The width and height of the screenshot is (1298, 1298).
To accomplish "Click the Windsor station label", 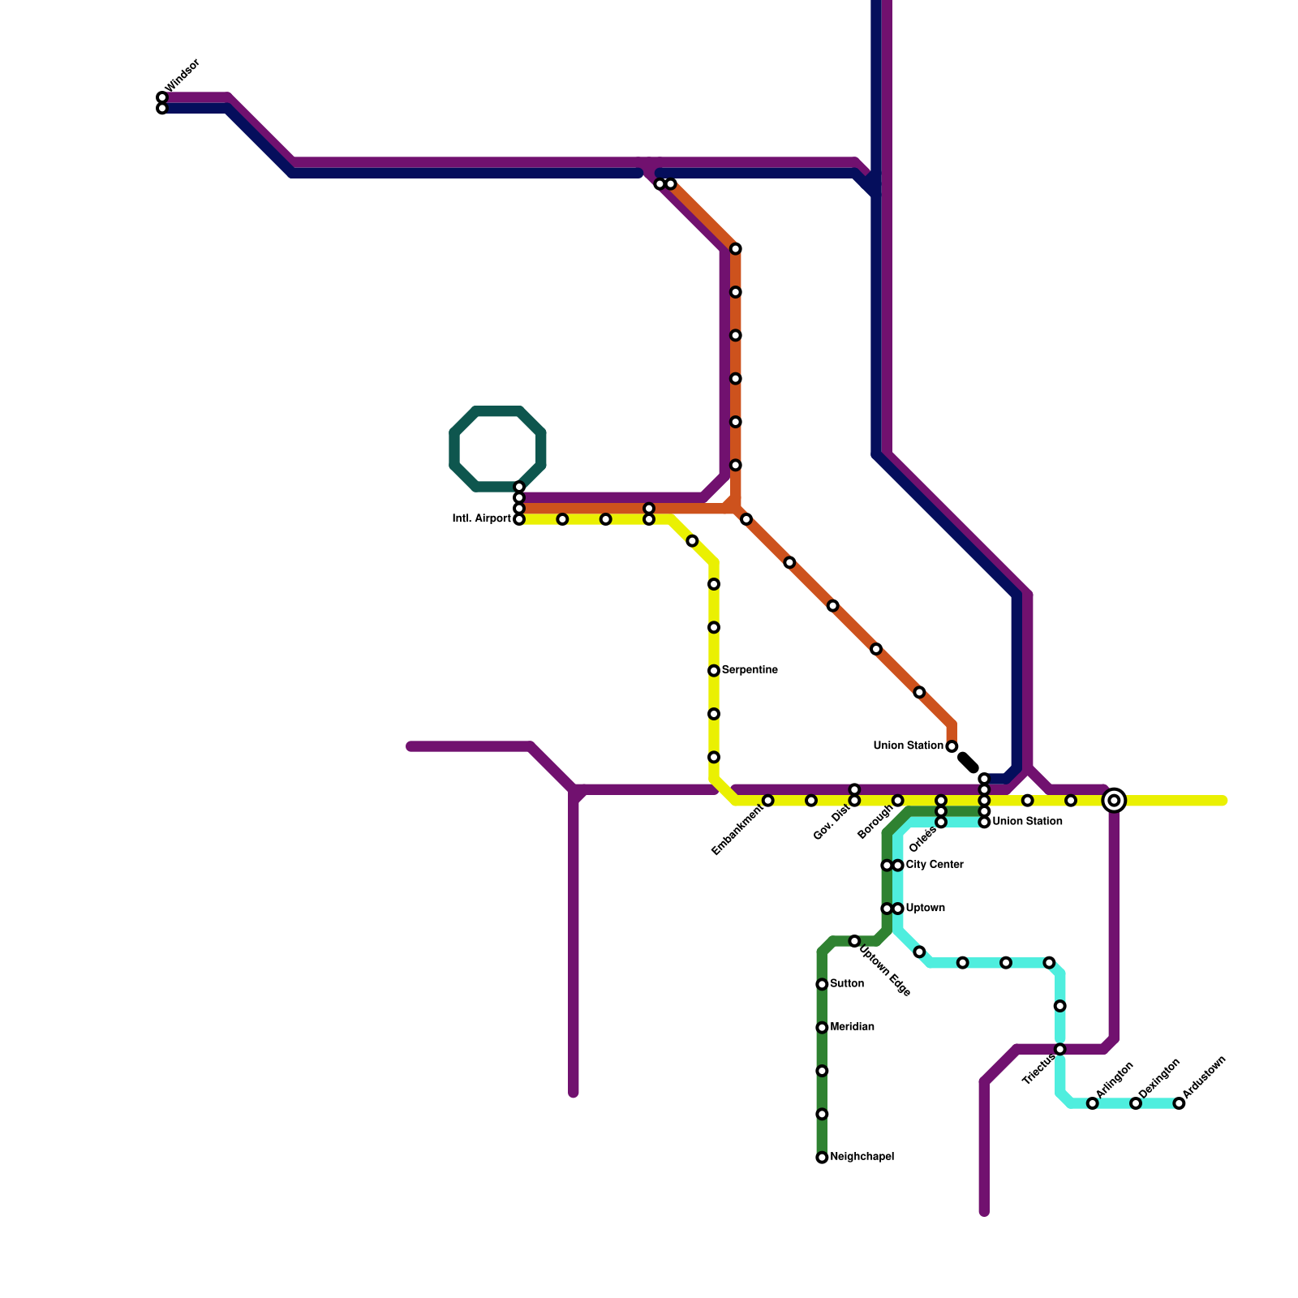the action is pyautogui.click(x=182, y=75).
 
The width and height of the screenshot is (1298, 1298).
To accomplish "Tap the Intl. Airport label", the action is pyautogui.click(x=481, y=519).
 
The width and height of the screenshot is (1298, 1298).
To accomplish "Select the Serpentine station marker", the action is pyautogui.click(x=714, y=671).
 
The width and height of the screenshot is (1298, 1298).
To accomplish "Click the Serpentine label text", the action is pyautogui.click(x=750, y=670).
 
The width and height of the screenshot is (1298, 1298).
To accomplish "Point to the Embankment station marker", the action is pyautogui.click(x=768, y=802).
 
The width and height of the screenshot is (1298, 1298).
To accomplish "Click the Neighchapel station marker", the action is pyautogui.click(x=822, y=1158).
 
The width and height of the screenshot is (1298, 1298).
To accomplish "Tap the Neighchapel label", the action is pyautogui.click(x=862, y=1157).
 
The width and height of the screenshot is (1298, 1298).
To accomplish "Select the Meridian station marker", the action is pyautogui.click(x=822, y=1028).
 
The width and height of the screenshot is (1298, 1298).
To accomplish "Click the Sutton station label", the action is pyautogui.click(x=847, y=984).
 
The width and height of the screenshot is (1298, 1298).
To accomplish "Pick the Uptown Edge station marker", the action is pyautogui.click(x=854, y=941).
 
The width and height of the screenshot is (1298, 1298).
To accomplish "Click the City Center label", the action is pyautogui.click(x=935, y=865).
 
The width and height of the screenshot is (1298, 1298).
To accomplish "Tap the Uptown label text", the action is pyautogui.click(x=925, y=908).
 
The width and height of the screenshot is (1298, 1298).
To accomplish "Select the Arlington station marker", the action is pyautogui.click(x=1093, y=1103).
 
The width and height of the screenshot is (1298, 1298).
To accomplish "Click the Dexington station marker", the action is pyautogui.click(x=1136, y=1103).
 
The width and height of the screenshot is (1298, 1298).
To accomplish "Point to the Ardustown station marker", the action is pyautogui.click(x=1179, y=1103).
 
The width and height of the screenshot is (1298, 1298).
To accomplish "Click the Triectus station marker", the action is pyautogui.click(x=1059, y=1050).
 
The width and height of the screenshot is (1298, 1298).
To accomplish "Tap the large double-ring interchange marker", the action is pyautogui.click(x=1115, y=801).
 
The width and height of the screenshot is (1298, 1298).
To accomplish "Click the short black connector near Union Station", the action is pyautogui.click(x=969, y=763).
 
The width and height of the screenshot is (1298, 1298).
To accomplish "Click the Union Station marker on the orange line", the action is pyautogui.click(x=952, y=746).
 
